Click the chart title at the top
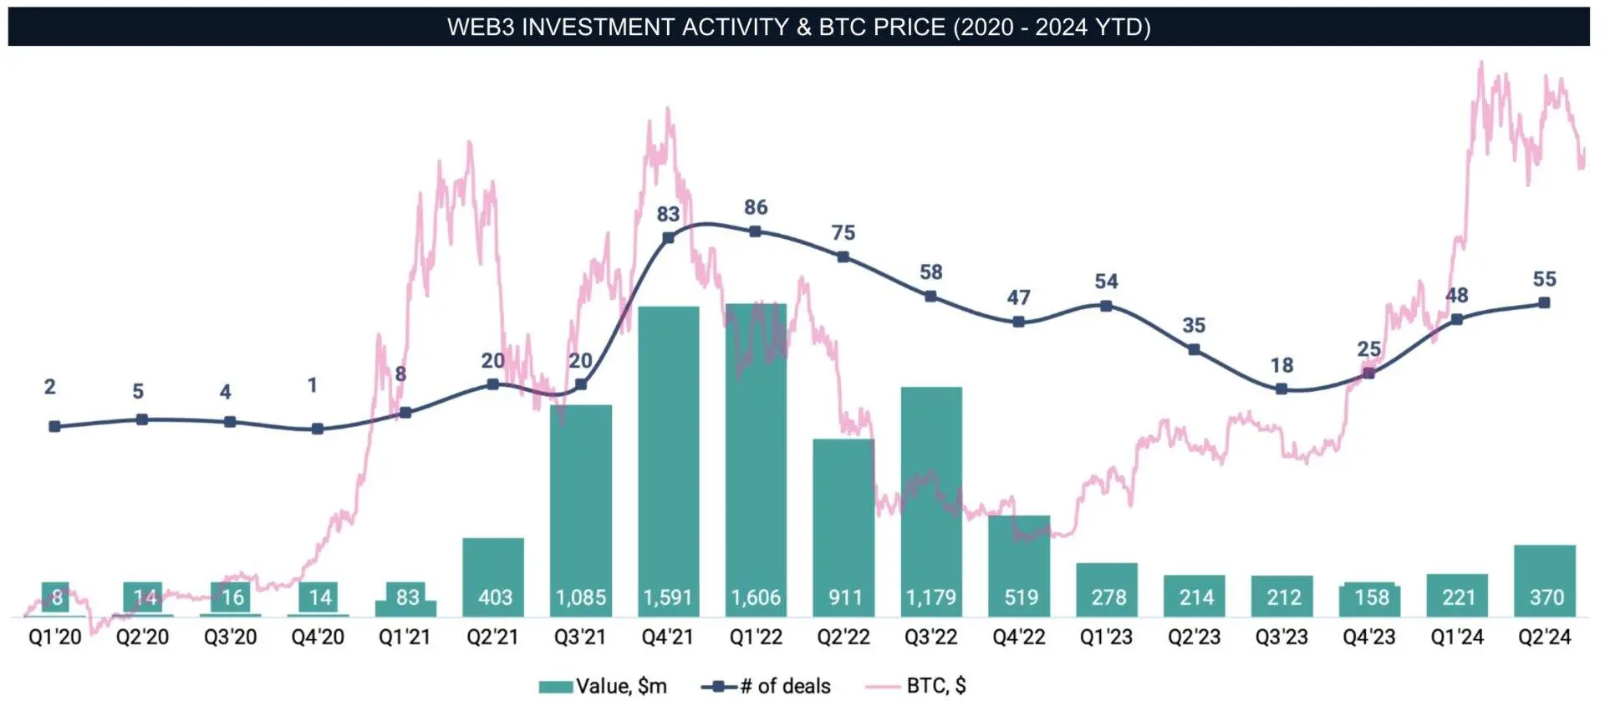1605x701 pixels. click(x=798, y=27)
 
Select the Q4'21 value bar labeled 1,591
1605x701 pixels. click(x=668, y=460)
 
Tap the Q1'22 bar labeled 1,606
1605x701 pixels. click(x=756, y=460)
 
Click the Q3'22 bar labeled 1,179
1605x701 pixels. click(x=931, y=501)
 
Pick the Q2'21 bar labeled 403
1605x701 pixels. click(x=493, y=577)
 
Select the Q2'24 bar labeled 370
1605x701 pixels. click(x=1545, y=580)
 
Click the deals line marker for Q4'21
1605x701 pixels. click(x=668, y=238)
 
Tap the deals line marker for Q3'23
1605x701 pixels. click(x=1281, y=389)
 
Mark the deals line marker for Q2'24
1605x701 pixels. click(x=1544, y=302)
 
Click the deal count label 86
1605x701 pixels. click(x=756, y=207)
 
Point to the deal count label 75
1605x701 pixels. click(x=843, y=233)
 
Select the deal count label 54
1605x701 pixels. click(x=1106, y=282)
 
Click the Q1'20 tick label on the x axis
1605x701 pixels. click(x=55, y=638)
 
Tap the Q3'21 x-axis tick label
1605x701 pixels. click(x=580, y=638)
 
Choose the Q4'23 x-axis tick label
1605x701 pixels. click(x=1369, y=638)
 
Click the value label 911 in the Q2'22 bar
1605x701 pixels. click(x=844, y=598)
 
